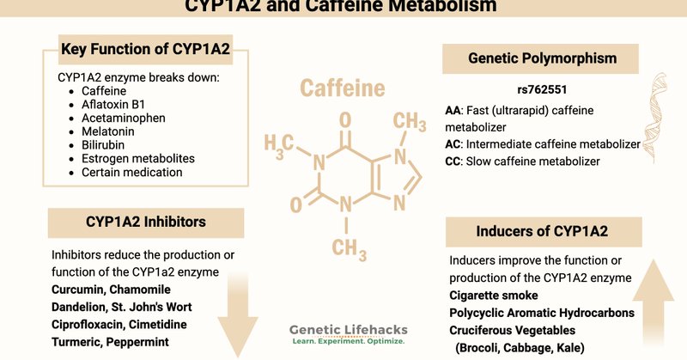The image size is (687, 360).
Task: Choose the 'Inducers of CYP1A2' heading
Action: coord(543,232)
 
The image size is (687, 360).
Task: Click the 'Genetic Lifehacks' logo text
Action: coord(347,330)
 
